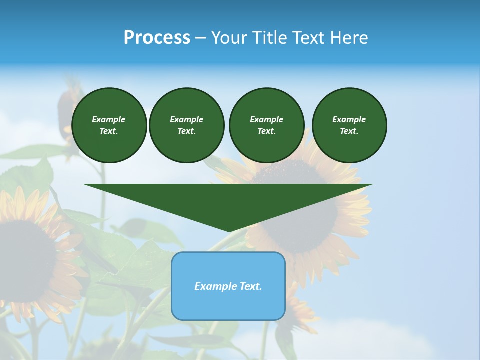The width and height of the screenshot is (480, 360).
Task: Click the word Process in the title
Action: (157, 38)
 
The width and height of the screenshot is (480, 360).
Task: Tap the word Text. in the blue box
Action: (250, 286)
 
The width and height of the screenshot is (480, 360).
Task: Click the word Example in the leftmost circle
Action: (109, 119)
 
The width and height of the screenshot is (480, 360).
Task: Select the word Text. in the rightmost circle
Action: (349, 131)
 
